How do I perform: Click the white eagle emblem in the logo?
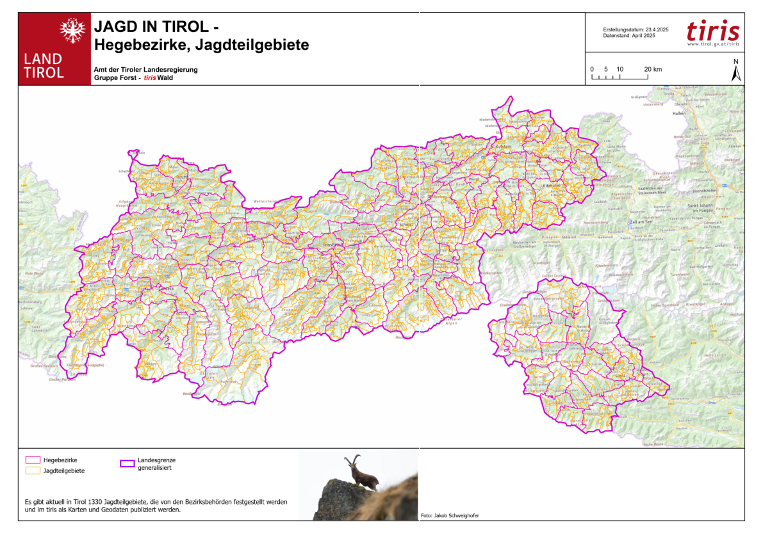point(72,29)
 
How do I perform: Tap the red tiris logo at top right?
point(712,31)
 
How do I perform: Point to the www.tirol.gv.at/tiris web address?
point(712,44)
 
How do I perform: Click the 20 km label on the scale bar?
point(653,68)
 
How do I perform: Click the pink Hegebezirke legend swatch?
point(33,460)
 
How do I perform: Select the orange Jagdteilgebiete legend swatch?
point(33,471)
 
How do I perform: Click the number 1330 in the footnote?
point(103,501)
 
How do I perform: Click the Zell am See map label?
point(641,221)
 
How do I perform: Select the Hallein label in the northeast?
point(679,113)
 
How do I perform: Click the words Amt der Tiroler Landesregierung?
point(145,69)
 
